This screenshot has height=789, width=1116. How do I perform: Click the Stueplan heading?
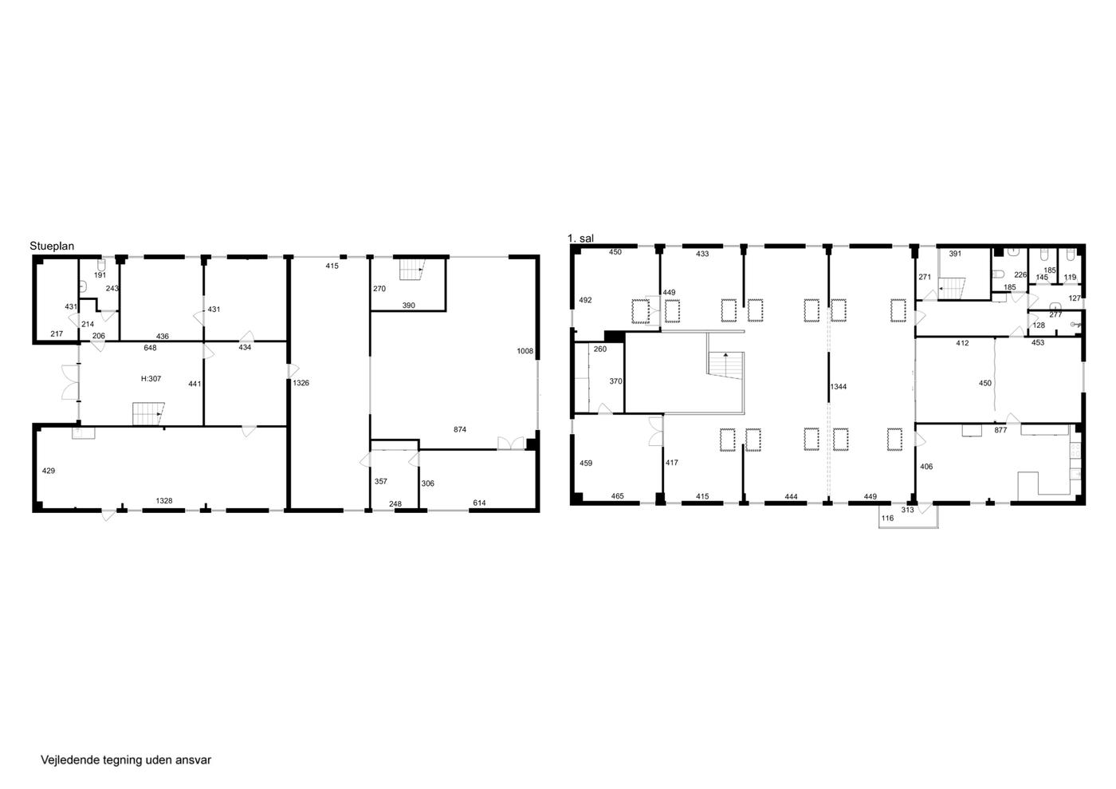52,246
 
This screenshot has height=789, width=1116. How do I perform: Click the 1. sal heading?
580,239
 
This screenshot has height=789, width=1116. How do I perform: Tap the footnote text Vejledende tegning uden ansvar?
126,760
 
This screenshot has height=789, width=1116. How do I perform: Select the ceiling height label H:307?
151,379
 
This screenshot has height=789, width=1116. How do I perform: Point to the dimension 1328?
164,501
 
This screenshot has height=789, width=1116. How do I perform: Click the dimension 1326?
301,383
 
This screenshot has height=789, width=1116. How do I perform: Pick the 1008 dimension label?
525,351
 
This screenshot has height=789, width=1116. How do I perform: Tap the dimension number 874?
460,429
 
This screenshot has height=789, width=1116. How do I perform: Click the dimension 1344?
839,386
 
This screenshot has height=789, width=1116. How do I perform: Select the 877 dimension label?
1000,430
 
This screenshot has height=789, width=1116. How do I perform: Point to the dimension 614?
479,503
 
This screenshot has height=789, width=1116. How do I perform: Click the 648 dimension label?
150,348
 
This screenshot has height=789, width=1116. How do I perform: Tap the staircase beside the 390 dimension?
411,270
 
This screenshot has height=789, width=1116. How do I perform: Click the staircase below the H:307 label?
148,414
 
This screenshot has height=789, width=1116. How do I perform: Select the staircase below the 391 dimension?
952,289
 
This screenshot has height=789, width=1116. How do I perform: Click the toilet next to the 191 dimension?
102,264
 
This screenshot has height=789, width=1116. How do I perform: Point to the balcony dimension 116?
887,519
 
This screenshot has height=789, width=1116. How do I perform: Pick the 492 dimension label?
585,300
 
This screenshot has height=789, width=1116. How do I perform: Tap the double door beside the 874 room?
511,443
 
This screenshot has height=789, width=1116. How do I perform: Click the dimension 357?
381,481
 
